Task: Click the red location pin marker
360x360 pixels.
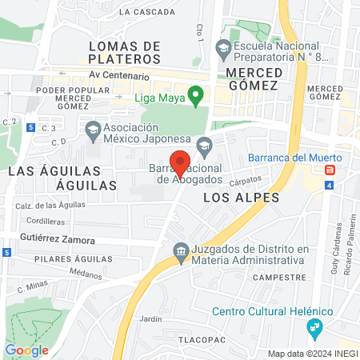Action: (182, 162)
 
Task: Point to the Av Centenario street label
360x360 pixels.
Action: (119, 76)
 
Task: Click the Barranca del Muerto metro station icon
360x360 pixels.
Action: (330, 170)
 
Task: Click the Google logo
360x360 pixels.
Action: (26, 350)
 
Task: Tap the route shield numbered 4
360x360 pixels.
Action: (329, 186)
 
